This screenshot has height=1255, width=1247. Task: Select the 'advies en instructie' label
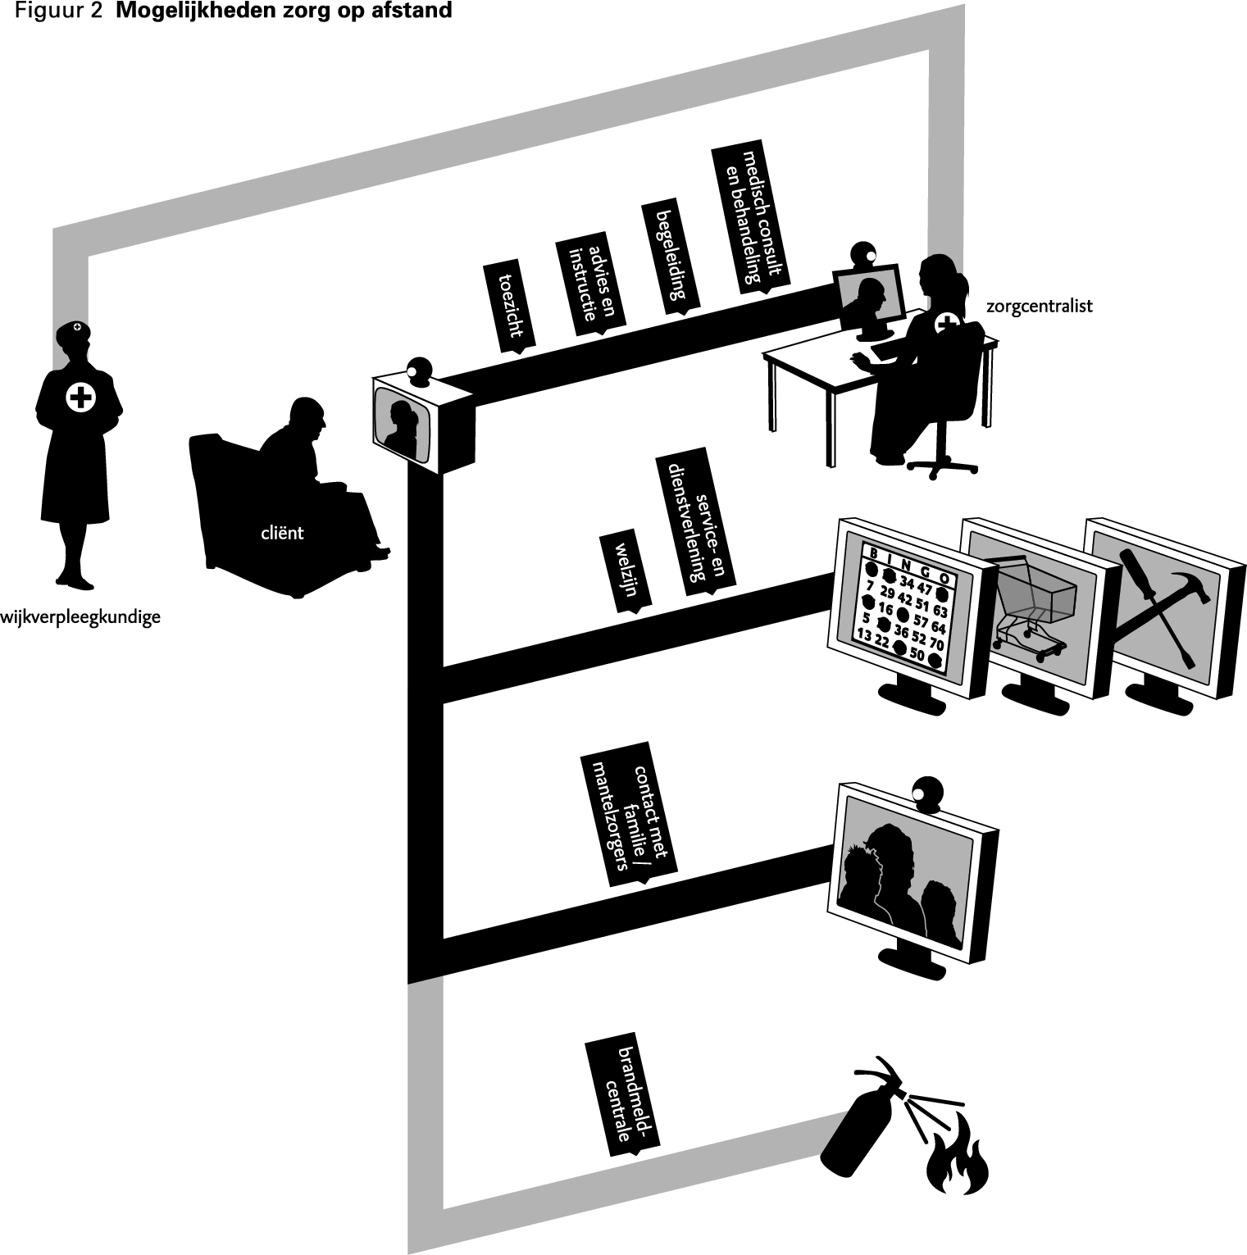point(589,287)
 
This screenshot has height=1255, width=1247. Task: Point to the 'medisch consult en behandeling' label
point(751,219)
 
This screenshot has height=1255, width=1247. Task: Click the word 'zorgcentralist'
point(1040,307)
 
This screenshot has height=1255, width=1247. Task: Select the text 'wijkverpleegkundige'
point(80,617)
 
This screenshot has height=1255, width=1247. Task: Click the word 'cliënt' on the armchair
point(282,533)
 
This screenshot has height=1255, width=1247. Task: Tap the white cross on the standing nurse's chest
point(80,398)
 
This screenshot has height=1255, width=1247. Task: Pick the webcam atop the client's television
point(420,371)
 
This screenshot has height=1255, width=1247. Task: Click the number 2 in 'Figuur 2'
point(96,11)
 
